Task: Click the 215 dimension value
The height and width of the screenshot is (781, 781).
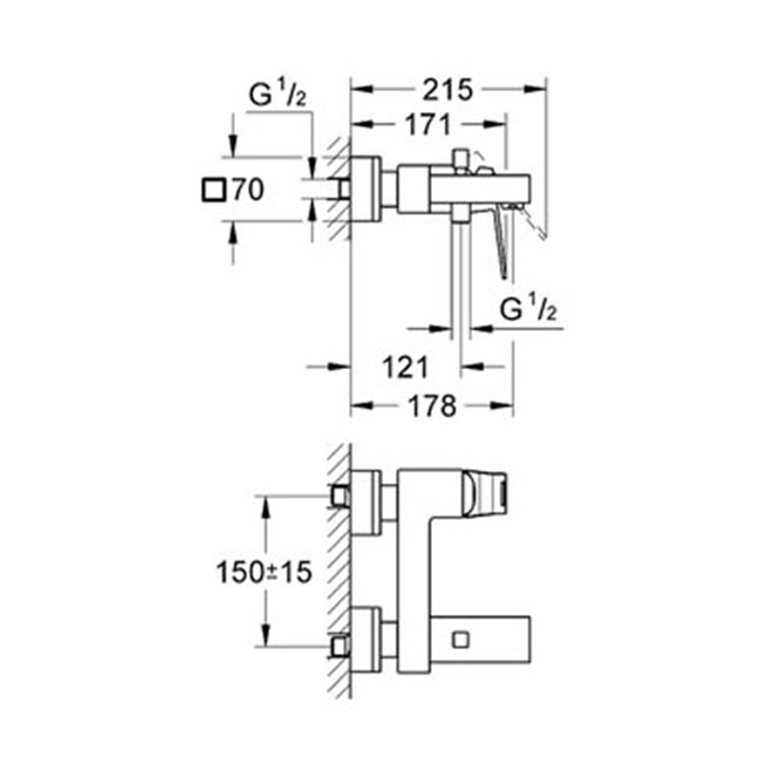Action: (x=448, y=90)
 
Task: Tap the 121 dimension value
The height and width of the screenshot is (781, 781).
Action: (x=404, y=368)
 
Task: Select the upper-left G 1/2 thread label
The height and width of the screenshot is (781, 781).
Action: (x=277, y=98)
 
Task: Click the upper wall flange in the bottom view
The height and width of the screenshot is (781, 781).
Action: (x=366, y=503)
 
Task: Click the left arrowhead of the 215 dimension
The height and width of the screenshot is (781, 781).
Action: (x=357, y=90)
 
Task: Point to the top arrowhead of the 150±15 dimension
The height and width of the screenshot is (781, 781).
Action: (x=264, y=501)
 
